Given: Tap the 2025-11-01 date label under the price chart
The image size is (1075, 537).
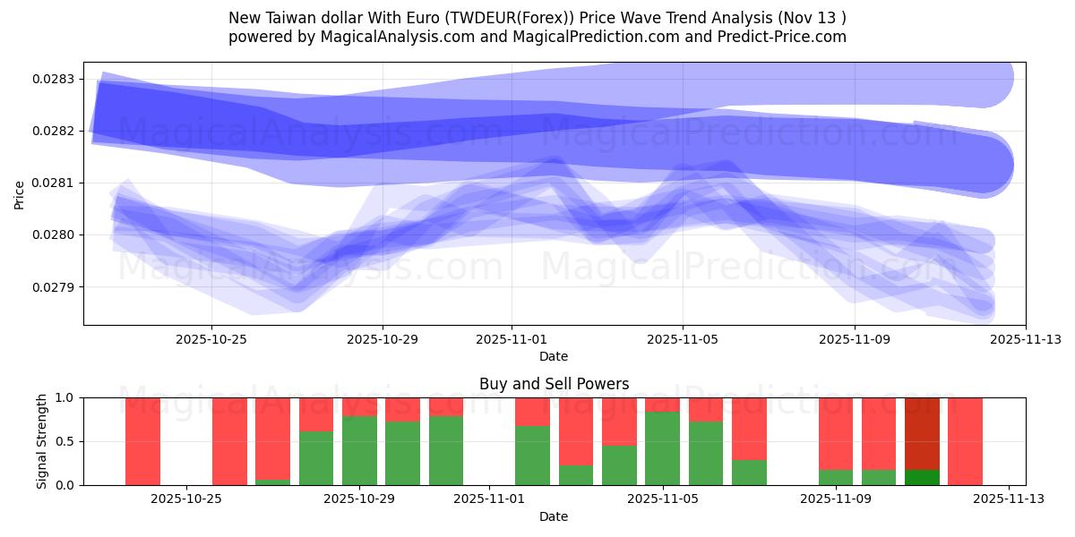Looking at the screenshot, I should (512, 339).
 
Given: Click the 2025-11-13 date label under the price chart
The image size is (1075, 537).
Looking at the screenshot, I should (1026, 339).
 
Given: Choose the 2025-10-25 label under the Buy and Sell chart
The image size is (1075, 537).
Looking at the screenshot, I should (185, 499).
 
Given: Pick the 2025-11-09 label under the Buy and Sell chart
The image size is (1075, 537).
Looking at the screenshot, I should (836, 499).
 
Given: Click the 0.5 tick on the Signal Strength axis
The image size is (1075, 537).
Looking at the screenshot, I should (67, 441).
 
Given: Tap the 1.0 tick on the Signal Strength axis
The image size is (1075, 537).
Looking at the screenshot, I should (67, 397).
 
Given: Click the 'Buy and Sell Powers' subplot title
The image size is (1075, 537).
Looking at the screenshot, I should (554, 384).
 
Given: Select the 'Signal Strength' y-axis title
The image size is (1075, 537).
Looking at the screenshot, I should (41, 441).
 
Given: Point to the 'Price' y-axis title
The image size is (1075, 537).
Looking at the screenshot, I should (20, 193).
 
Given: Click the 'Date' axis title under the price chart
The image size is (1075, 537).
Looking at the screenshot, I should (554, 356).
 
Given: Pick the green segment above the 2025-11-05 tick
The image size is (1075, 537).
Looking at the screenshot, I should (662, 448).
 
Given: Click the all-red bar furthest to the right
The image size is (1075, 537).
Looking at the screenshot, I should (965, 441).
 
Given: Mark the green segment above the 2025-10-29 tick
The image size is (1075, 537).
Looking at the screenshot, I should (359, 450).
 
